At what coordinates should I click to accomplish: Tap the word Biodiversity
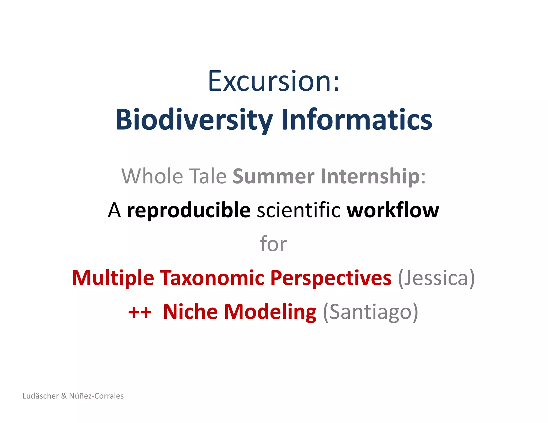[x=194, y=120]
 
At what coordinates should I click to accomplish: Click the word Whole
[x=152, y=176]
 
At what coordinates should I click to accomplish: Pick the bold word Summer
[x=273, y=176]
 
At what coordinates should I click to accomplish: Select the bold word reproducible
[x=189, y=210]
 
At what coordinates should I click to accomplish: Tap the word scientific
[x=299, y=210]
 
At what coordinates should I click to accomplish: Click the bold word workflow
[x=393, y=210]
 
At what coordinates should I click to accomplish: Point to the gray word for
[x=273, y=244]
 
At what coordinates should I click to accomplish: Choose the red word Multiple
[x=113, y=278]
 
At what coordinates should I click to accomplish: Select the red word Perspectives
[x=331, y=278]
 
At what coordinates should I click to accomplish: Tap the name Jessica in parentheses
[x=436, y=278]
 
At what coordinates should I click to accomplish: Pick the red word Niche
[x=190, y=312]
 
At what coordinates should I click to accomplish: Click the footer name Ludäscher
[x=40, y=396]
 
